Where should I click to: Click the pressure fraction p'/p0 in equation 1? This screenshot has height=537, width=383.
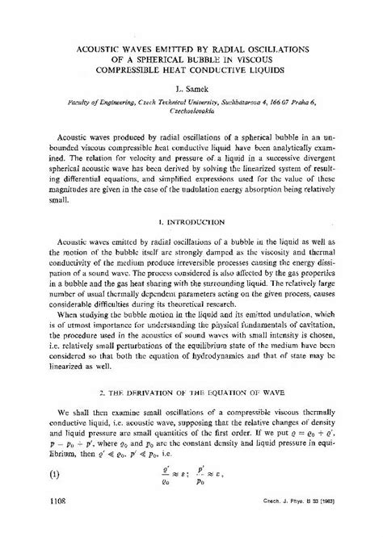pos(242,494)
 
